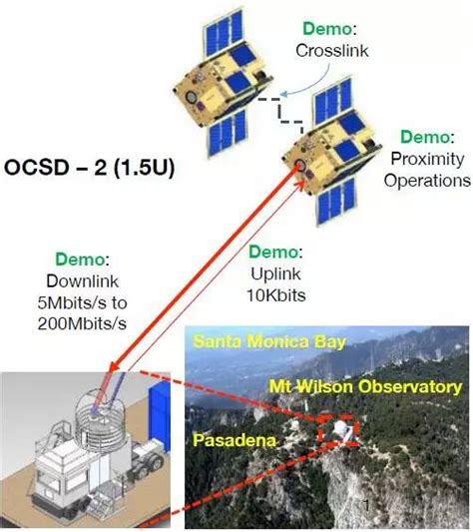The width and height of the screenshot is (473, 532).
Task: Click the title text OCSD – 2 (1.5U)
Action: click(x=89, y=168)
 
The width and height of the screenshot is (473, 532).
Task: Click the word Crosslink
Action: click(x=332, y=51)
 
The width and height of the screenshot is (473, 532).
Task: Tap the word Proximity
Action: click(x=427, y=159)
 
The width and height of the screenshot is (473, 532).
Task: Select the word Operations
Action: click(x=427, y=180)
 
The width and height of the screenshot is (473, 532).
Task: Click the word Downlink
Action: click(x=83, y=281)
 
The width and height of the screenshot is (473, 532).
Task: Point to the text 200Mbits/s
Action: click(x=82, y=323)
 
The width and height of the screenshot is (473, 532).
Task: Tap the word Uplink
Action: click(x=275, y=274)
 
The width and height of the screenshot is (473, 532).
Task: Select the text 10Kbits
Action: click(x=275, y=295)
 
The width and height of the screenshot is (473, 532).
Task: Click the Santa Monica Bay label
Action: click(x=269, y=341)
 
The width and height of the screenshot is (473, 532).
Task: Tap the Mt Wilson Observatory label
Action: click(x=365, y=387)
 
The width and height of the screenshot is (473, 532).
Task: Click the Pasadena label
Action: click(x=235, y=440)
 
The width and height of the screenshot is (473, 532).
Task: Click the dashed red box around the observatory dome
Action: click(x=319, y=431)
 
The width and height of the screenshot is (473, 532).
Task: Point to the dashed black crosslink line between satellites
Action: click(x=280, y=111)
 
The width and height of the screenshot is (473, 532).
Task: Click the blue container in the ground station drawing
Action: click(x=159, y=417)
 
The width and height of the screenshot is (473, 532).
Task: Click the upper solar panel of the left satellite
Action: click(x=223, y=31)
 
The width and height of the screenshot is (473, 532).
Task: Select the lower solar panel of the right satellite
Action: click(x=336, y=201)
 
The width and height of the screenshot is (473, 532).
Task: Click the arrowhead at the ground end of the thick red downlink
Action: click(x=114, y=365)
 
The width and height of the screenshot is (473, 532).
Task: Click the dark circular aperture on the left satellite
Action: click(x=192, y=98)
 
